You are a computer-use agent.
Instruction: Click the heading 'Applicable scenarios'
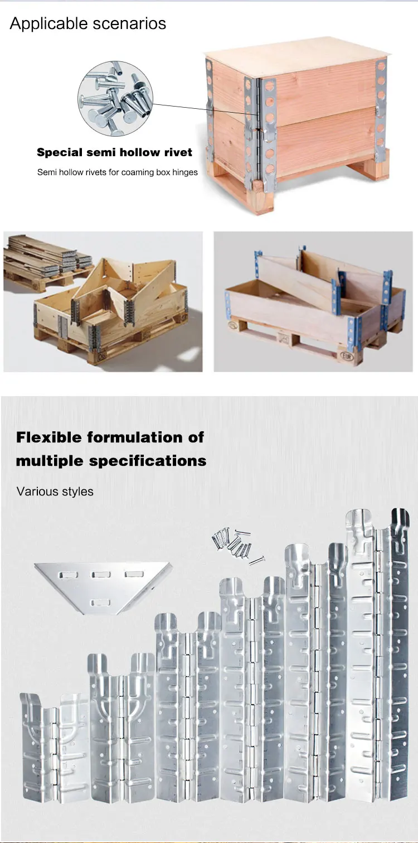88,23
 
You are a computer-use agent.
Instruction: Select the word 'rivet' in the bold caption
178,152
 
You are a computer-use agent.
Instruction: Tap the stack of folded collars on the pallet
45,257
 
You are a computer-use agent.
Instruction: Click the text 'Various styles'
55,492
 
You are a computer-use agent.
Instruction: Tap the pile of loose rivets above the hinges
237,543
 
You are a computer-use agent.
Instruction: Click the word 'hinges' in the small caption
184,172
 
